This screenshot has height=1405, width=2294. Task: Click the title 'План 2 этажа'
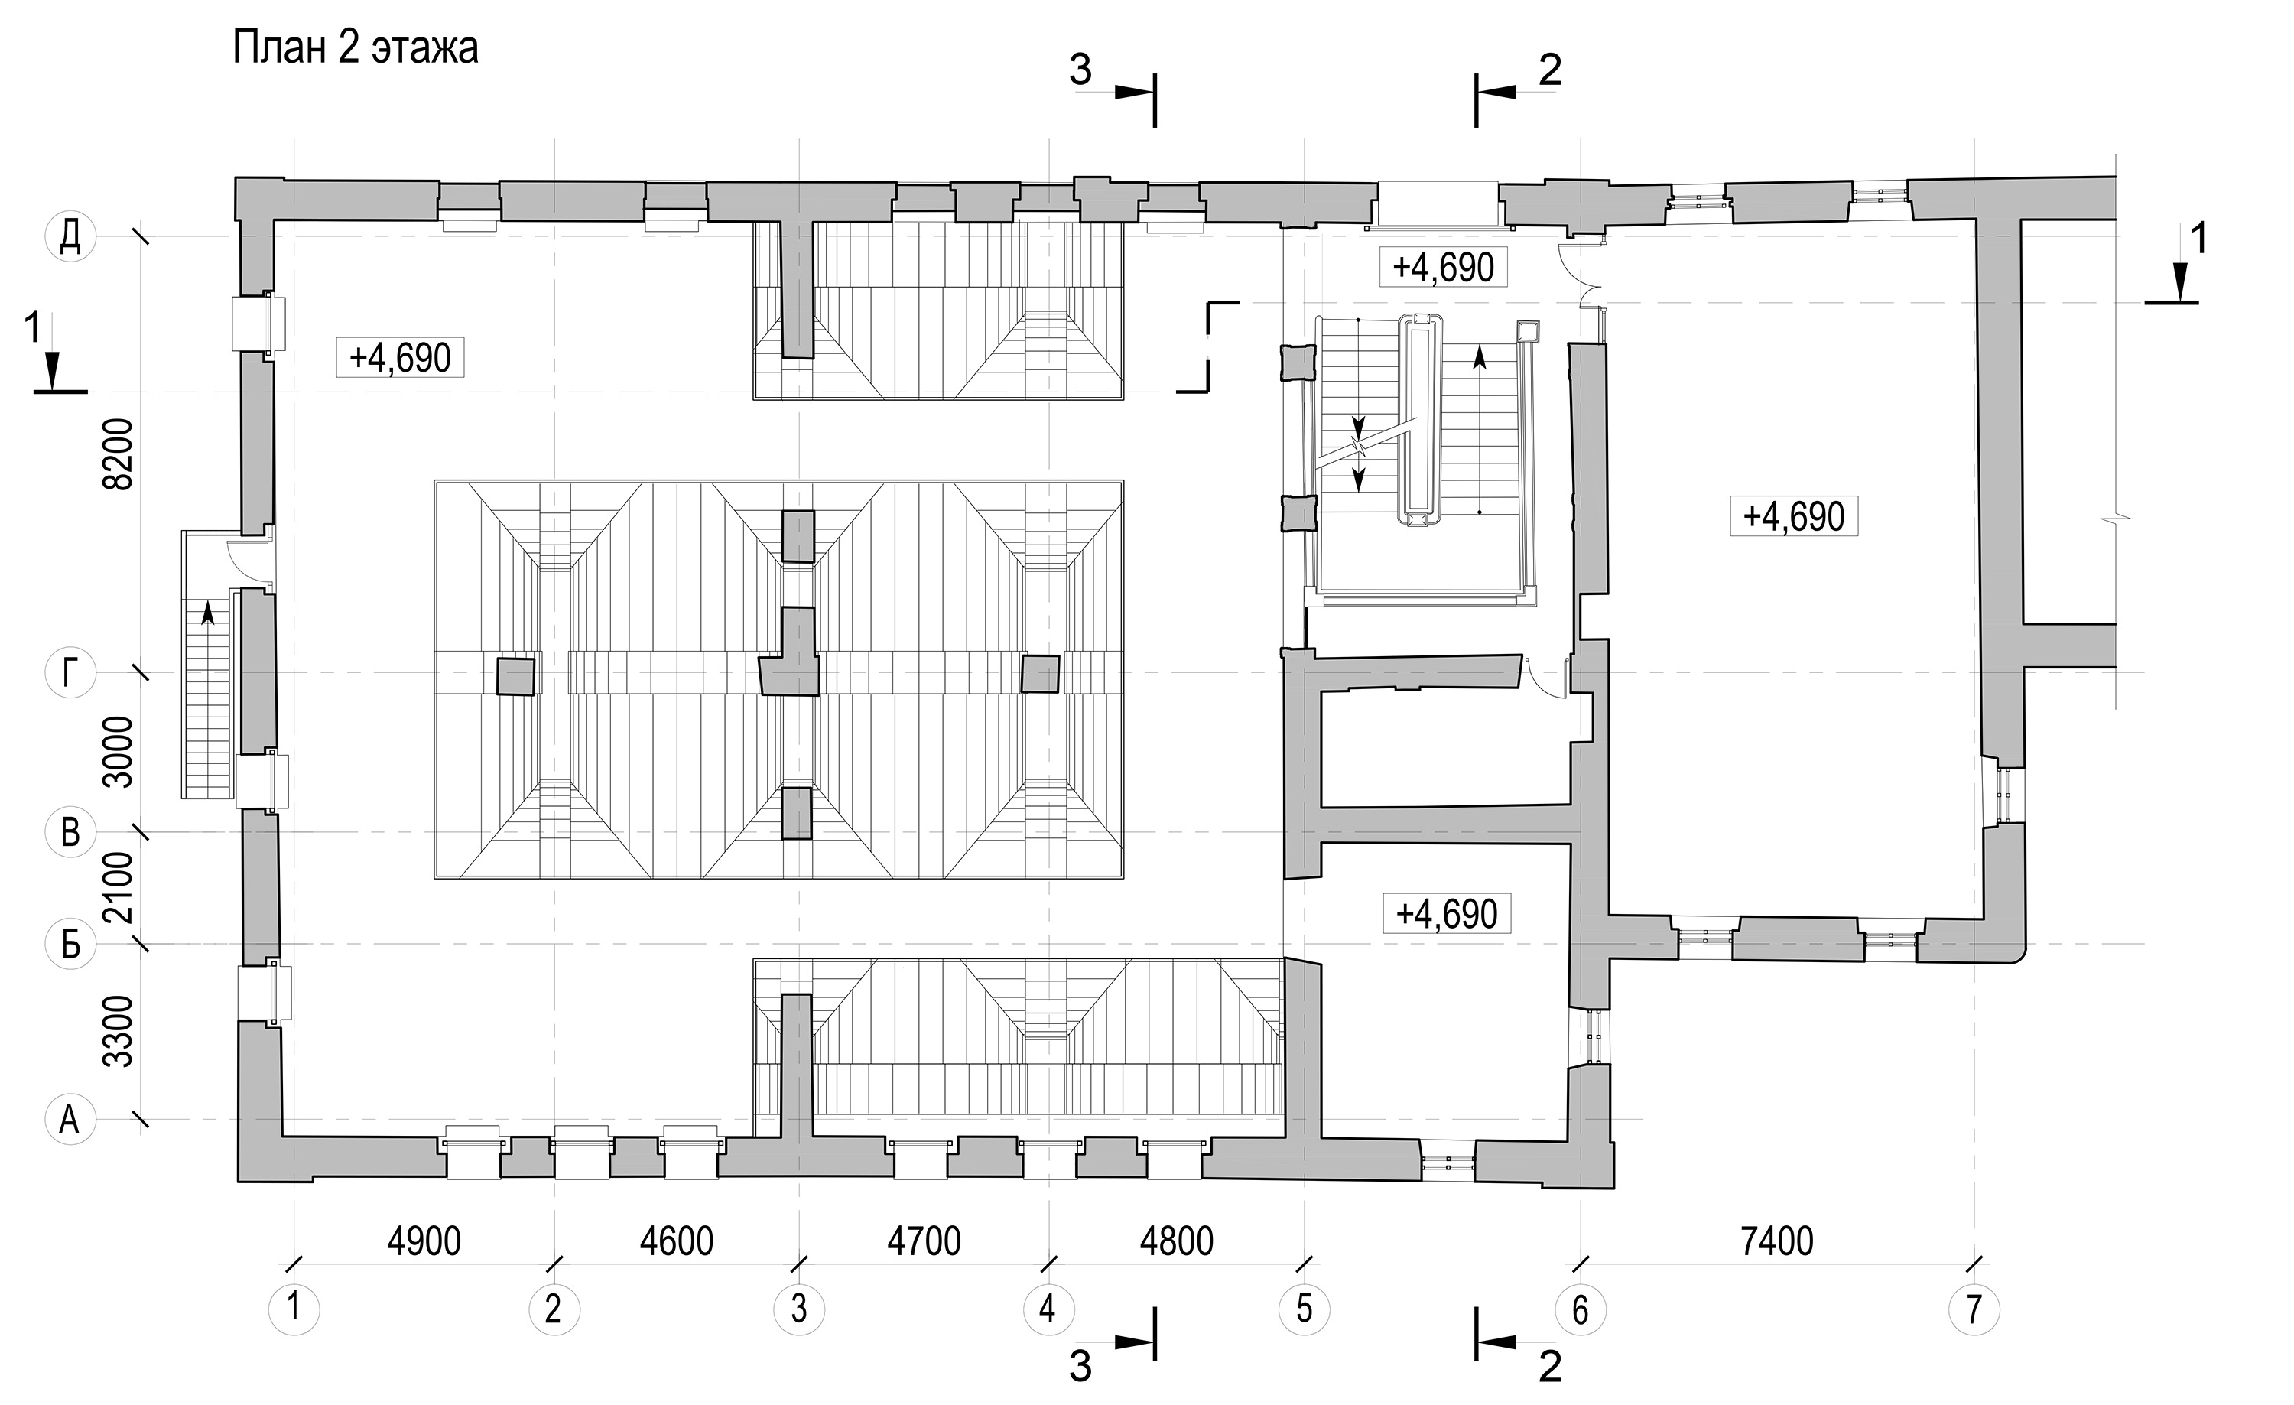pos(356,48)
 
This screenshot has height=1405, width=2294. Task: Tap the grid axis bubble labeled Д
pos(71,236)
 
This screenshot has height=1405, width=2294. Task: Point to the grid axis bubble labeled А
pos(71,1119)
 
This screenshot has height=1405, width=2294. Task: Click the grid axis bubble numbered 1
pos(294,1309)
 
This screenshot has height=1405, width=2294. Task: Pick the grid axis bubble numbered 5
pos(1304,1309)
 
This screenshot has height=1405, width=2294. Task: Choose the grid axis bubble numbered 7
pos(1974,1309)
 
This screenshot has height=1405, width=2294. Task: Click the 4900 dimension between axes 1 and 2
pos(424,1242)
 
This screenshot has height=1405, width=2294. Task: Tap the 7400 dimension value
pos(1776,1242)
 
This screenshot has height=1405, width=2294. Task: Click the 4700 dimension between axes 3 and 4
pos(924,1242)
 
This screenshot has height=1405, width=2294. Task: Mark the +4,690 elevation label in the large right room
pos(1794,515)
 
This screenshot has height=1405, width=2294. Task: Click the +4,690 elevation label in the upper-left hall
pos(401,357)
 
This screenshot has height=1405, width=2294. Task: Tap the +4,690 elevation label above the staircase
pos(1443,267)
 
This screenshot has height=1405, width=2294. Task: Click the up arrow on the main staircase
pos(1480,429)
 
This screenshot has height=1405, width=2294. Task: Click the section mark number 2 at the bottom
pos(1549,1366)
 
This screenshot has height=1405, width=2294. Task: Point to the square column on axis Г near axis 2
pos(516,677)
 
